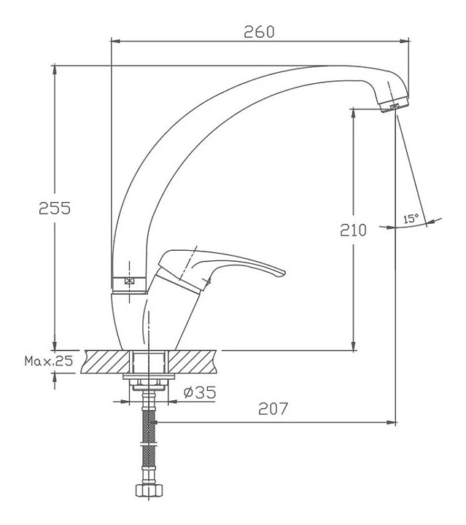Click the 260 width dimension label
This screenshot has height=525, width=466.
coord(259,31)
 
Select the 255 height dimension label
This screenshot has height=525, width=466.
coord(55,208)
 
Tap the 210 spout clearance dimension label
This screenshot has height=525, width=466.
coord(353,230)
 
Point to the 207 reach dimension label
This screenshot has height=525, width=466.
coord(273,408)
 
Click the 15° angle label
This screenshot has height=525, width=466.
coord(411,219)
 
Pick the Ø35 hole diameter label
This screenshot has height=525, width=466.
coord(200,392)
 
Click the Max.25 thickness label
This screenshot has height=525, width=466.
coord(49,361)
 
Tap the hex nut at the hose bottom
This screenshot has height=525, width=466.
coord(149,490)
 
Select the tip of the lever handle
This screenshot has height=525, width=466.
coord(282,273)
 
